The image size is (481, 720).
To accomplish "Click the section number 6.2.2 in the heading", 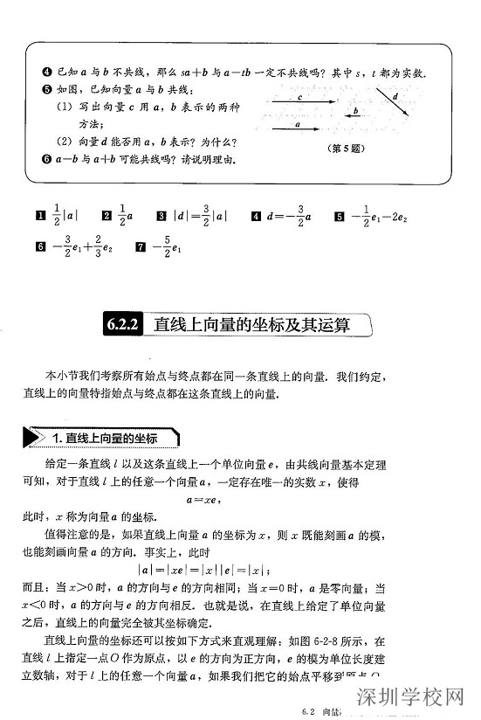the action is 125,325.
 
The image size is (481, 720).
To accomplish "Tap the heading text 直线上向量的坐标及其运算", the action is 252,325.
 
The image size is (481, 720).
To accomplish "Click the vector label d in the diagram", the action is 395,96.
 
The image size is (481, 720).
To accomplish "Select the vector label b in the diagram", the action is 356,111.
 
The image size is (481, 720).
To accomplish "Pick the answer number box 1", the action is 39,215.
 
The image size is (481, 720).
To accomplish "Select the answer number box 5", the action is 339,215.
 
